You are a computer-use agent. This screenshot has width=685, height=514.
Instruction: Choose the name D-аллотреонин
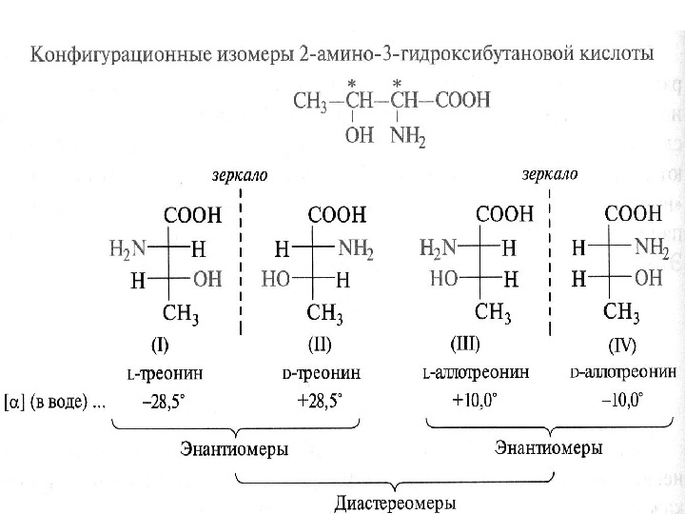pos(623,371)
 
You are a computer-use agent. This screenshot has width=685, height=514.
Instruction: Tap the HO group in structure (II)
pos(279,280)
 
